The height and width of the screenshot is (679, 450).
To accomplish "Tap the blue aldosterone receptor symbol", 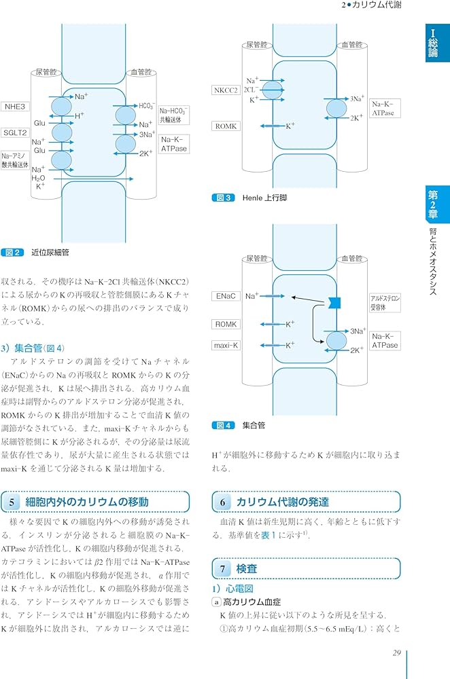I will pos(334,301).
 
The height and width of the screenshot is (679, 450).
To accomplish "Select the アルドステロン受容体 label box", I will pos(385,302).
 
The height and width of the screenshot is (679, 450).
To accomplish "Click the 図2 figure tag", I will pos(13,253).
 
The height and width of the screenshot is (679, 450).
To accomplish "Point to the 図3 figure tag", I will pos(224,198).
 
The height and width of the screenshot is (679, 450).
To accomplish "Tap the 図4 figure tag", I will pos(224,426).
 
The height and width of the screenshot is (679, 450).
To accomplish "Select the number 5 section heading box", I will pos(13,502).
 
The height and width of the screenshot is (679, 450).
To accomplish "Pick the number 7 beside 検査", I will pos(222,568).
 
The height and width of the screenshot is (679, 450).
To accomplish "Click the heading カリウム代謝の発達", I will pos(282,502).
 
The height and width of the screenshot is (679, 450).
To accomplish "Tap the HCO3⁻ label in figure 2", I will pos(147,106).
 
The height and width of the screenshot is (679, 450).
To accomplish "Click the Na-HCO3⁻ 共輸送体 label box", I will pos(174,115).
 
